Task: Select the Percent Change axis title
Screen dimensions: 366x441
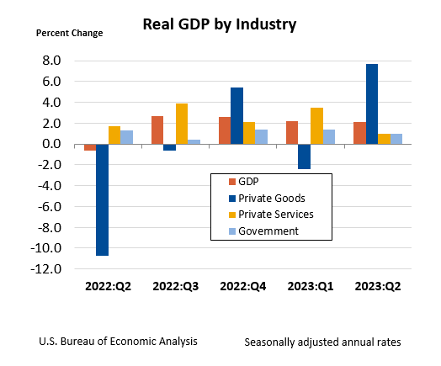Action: tap(69, 34)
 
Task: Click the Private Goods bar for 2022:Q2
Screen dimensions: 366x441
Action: tap(102, 199)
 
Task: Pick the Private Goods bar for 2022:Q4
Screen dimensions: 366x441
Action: tap(236, 116)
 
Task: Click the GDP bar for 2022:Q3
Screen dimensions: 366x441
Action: tap(157, 130)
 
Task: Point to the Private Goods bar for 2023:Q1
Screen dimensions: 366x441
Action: tap(304, 156)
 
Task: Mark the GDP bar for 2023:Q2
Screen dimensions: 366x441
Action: tap(359, 133)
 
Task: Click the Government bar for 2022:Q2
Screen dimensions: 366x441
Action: tap(127, 137)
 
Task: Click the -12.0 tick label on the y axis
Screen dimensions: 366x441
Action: tap(45, 269)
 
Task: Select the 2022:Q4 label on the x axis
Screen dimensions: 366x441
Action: tap(243, 286)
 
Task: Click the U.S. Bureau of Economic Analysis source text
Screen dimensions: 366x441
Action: tap(118, 342)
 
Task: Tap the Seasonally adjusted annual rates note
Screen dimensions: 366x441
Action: tap(322, 342)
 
